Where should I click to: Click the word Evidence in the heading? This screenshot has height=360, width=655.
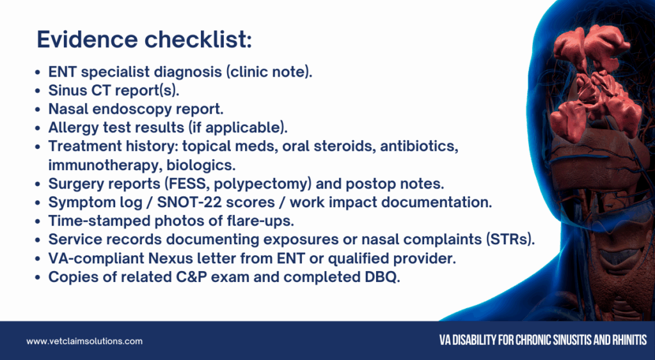pos(87,40)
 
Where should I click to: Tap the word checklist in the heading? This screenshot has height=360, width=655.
pos(196,40)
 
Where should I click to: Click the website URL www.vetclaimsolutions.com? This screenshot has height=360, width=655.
pos(84,341)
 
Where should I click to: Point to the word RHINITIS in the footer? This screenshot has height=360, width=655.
pos(629,340)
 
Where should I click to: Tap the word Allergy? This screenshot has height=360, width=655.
pos(74,127)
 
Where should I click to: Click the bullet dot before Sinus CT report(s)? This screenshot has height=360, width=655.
pos(38,91)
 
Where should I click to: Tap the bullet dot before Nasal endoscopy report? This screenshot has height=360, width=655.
pos(38,110)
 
